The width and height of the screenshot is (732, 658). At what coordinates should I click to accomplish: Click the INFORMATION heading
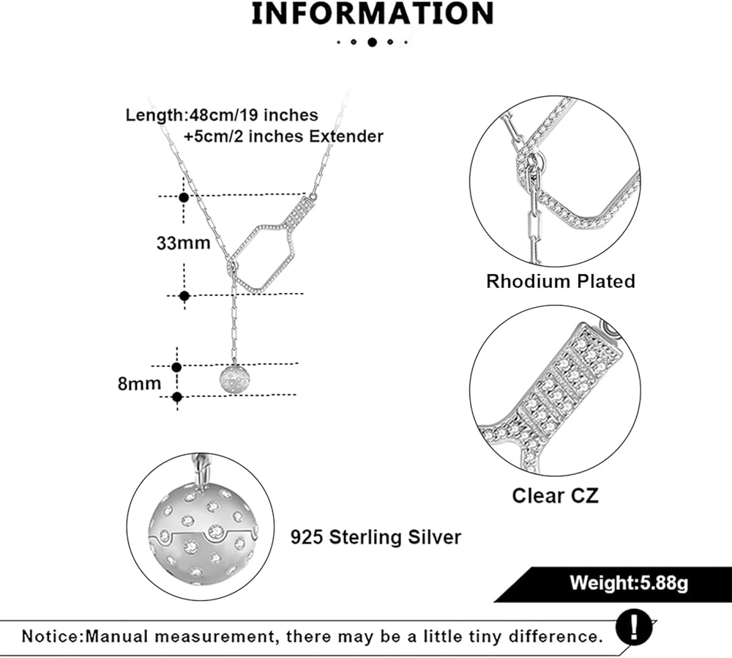(x=372, y=14)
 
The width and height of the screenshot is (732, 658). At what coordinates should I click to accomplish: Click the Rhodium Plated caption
(x=561, y=281)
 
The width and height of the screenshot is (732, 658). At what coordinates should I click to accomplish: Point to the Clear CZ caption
(x=555, y=495)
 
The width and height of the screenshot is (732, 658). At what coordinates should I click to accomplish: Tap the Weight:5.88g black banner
(x=629, y=583)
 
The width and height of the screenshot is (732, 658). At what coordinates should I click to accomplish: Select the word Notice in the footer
(x=51, y=635)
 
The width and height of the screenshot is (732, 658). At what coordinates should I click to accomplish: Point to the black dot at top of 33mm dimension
(x=184, y=197)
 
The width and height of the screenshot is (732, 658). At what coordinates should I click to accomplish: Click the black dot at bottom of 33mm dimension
(x=184, y=296)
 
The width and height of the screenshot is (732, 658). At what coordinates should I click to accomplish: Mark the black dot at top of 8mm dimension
(x=176, y=366)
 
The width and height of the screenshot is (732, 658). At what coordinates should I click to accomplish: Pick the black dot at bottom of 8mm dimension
(x=176, y=397)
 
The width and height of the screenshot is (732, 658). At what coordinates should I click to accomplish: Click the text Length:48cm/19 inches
(x=222, y=115)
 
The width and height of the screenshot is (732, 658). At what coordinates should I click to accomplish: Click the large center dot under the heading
(x=372, y=42)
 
